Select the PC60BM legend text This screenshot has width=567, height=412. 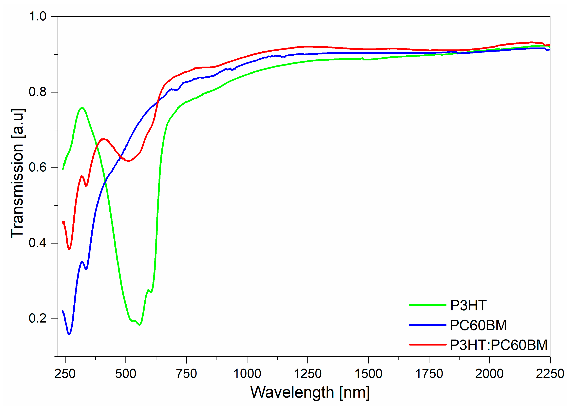(478, 325)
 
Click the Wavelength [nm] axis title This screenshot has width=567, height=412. (310, 393)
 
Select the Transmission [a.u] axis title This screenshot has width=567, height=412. (18, 173)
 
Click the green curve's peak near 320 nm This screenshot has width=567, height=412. (82, 108)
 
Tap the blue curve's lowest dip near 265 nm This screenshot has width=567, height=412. (69, 334)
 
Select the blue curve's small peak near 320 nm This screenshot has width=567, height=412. (82, 262)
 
